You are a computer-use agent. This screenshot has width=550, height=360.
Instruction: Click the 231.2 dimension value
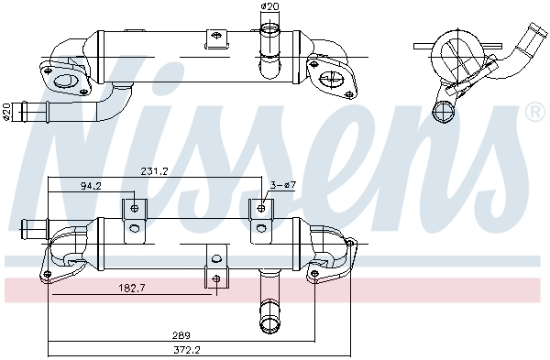pyautogui.click(x=154, y=170)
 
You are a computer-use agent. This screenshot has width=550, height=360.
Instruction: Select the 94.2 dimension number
pyautogui.click(x=91, y=186)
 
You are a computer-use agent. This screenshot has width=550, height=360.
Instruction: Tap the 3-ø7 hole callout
pyautogui.click(x=281, y=186)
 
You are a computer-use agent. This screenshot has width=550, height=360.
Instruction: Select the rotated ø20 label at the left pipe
pyautogui.click(x=8, y=111)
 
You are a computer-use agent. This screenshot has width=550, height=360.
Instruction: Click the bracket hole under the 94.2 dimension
pyautogui.click(x=135, y=209)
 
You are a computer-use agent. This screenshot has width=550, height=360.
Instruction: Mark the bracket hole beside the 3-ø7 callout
pyautogui.click(x=262, y=209)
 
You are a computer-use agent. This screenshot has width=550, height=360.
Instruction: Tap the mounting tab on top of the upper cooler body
pyautogui.click(x=216, y=39)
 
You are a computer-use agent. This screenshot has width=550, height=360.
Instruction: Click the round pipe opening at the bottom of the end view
pyautogui.click(x=445, y=113)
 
